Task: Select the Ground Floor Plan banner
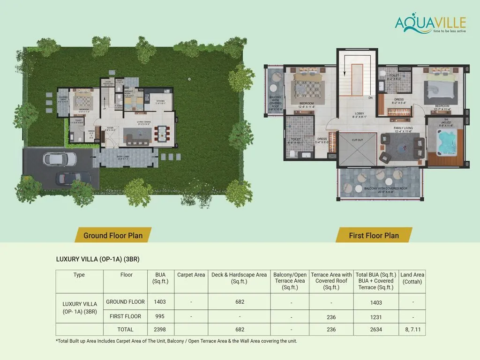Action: pos(112,235)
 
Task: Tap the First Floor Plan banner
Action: pos(374,235)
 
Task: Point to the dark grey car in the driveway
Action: pos(69,178)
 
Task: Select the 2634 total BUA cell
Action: pos(376,330)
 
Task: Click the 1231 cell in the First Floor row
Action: pos(376,317)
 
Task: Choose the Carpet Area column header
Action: pos(191,275)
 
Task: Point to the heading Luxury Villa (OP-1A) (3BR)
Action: pos(98,259)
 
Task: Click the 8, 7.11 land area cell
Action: pos(412,330)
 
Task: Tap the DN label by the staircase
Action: pos(370,98)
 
